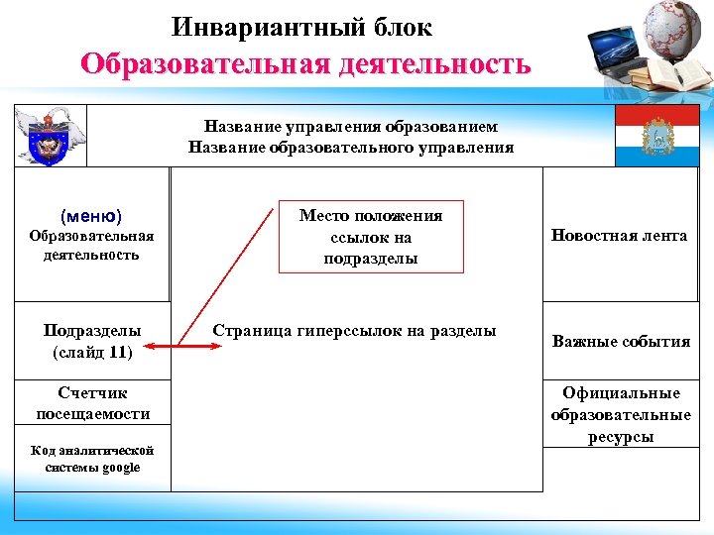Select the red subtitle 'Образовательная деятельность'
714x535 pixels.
(305, 64)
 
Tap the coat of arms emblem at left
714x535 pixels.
(50, 137)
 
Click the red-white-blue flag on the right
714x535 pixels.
(655, 136)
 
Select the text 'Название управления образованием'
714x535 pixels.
(351, 127)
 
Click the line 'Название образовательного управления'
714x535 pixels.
(351, 148)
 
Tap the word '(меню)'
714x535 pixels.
(91, 215)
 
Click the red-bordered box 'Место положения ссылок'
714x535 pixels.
(370, 237)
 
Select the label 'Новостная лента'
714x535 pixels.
(621, 236)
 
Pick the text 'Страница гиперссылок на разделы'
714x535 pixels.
(354, 331)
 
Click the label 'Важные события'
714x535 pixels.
(621, 342)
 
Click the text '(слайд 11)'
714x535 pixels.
(91, 351)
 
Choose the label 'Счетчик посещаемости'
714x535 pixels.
(92, 403)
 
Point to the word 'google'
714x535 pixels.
(119, 468)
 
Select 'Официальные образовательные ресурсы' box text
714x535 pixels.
(621, 414)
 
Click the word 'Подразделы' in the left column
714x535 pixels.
(92, 330)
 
